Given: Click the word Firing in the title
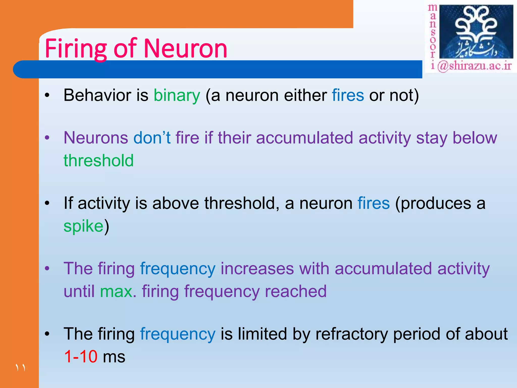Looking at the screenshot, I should click(76, 48).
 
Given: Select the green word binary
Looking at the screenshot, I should click(177, 95).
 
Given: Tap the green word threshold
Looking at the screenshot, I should click(98, 161).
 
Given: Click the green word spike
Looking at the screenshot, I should click(83, 226).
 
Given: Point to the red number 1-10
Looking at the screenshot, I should click(81, 357).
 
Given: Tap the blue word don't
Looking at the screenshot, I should click(152, 138).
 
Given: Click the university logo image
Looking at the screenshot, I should click(476, 32).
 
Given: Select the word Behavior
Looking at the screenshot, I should click(97, 95).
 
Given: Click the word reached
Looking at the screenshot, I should click(296, 292).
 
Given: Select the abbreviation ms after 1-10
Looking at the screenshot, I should click(114, 357).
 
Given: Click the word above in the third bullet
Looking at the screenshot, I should click(175, 203).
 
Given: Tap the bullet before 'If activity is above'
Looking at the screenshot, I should click(47, 204).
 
